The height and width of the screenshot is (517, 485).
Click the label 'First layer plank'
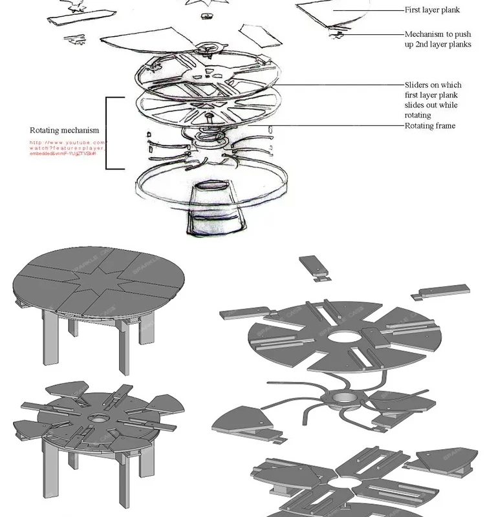click(432, 10)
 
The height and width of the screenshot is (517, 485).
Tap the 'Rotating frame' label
click(430, 125)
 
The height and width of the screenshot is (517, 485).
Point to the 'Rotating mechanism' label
click(65, 131)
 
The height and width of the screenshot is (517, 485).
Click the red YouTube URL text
click(67, 149)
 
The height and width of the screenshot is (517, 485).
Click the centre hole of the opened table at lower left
click(98, 419)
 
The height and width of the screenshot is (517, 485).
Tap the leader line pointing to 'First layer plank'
click(369, 10)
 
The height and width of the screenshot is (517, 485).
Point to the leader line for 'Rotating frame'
click(336, 126)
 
